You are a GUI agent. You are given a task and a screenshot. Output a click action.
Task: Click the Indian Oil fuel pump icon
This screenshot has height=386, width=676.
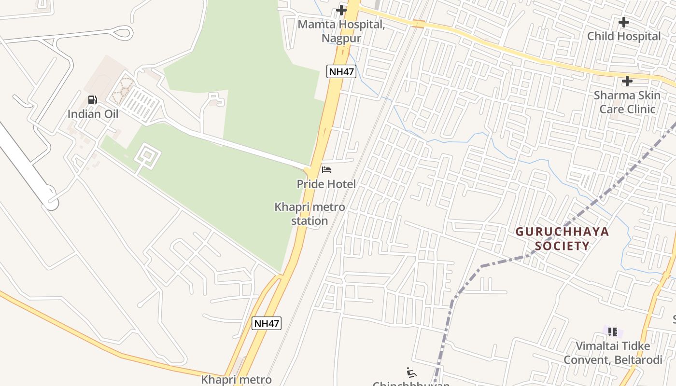[x=92, y=100]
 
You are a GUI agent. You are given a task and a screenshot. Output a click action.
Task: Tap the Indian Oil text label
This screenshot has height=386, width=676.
[x=93, y=114]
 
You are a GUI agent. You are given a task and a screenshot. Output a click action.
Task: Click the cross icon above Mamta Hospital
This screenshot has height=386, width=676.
[x=341, y=10]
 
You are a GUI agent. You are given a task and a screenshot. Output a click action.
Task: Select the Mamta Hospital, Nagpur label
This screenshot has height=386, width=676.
[x=341, y=31]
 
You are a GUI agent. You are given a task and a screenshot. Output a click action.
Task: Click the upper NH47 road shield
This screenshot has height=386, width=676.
[x=341, y=72]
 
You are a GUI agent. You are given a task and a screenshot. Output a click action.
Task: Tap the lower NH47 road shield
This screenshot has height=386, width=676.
[x=267, y=323]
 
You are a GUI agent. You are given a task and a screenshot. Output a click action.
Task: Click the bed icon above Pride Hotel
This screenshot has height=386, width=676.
[x=326, y=170]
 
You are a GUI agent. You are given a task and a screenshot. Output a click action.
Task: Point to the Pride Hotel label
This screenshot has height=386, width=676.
[x=326, y=184]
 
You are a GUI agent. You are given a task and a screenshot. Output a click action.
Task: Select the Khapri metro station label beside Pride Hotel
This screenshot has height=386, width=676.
[x=310, y=214]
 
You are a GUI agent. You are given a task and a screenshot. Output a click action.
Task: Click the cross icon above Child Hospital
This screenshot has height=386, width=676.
[x=624, y=22]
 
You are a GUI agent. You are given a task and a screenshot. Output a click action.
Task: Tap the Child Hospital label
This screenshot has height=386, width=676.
[x=624, y=36]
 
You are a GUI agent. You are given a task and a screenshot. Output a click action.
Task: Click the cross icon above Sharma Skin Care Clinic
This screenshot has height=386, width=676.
[x=627, y=81]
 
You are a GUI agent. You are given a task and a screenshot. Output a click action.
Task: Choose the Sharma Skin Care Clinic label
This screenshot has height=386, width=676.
[x=627, y=102]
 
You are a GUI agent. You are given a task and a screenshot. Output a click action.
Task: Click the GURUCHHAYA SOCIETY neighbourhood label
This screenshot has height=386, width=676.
[x=562, y=239]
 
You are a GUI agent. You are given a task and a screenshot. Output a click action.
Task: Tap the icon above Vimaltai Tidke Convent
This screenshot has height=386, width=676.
[x=613, y=331]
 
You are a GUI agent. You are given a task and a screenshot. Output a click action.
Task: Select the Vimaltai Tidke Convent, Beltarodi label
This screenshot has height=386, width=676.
[x=613, y=353]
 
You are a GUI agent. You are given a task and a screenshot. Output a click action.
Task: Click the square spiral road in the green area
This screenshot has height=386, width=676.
[x=147, y=156]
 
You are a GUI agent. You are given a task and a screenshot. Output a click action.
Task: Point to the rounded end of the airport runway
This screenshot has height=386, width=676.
[x=51, y=204]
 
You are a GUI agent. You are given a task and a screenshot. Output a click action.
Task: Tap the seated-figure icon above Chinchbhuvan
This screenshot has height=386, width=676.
[x=411, y=372]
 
